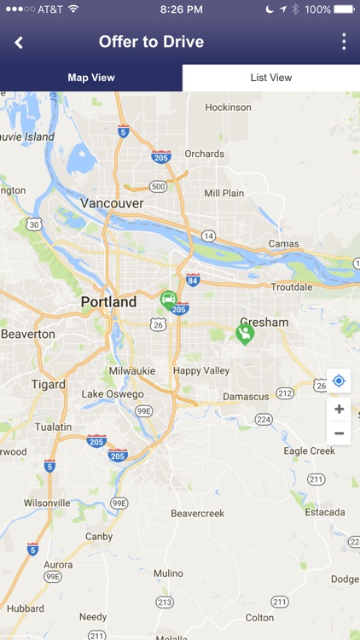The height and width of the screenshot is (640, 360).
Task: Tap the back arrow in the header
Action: click(19, 43)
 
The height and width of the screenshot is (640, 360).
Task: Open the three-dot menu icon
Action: click(344, 42)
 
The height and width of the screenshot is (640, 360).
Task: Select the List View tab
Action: click(271, 78)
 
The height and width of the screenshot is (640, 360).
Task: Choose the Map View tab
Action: click(91, 78)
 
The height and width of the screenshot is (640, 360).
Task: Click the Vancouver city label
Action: click(113, 203)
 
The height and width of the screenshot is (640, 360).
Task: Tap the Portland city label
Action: click(108, 302)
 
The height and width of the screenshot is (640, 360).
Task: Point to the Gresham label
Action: click(264, 323)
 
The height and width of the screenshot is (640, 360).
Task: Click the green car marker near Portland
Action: click(169, 300)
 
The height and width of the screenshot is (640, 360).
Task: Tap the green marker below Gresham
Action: click(245, 334)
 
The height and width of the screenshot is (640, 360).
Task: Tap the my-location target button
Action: click(339, 381)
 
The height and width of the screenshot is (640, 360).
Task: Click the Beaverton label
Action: click(28, 335)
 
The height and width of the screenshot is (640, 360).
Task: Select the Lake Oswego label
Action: click(113, 394)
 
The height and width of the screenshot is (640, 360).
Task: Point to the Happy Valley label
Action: click(200, 371)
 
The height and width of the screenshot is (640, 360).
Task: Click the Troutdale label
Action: click(291, 288)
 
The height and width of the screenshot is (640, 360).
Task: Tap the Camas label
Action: click(283, 244)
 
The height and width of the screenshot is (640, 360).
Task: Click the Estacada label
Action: click(325, 512)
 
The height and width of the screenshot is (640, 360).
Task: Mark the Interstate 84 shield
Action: click(193, 280)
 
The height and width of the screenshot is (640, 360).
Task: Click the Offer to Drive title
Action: click(151, 42)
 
